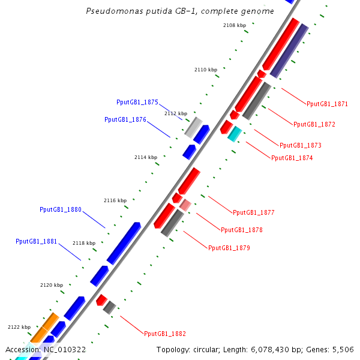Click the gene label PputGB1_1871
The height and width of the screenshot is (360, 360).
[327, 104]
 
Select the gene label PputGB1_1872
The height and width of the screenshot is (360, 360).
[314, 125]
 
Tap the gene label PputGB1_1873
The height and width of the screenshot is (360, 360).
[300, 145]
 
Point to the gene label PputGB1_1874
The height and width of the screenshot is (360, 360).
[292, 158]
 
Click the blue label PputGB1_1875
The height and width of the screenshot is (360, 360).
[137, 102]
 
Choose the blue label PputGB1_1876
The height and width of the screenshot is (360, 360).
[125, 119]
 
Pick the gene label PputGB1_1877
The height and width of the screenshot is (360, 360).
[253, 212]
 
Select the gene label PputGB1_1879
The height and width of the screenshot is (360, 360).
[229, 248]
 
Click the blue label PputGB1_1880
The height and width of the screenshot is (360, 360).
[60, 209]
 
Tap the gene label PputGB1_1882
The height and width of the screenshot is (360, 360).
[165, 334]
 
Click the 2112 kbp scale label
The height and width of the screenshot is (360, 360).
[176, 113]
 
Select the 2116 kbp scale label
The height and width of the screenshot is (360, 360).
[115, 200]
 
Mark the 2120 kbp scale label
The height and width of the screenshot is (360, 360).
[51, 285]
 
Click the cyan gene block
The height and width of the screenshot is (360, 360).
[234, 134]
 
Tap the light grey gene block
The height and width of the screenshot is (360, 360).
[193, 127]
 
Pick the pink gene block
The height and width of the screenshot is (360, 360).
[185, 205]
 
